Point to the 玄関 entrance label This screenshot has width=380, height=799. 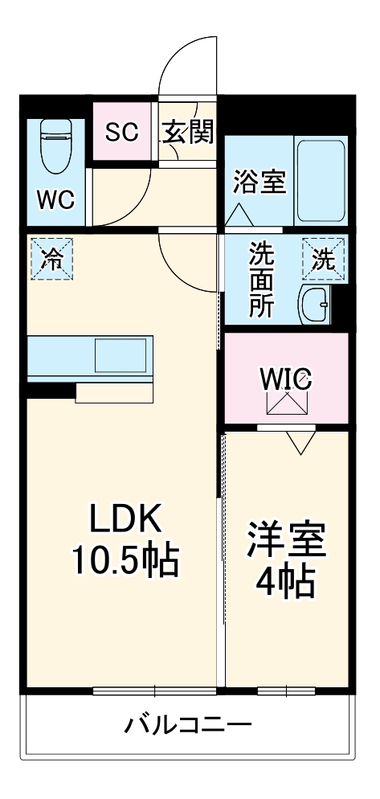coord(189,132)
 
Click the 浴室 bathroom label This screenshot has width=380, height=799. coord(259,182)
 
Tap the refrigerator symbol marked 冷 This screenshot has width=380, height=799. coord(51,259)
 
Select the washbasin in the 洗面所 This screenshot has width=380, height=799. coord(313,305)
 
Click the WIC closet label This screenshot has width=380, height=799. coord(287,378)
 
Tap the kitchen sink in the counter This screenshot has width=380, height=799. coord(121,354)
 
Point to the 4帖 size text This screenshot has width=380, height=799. coord(284,583)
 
